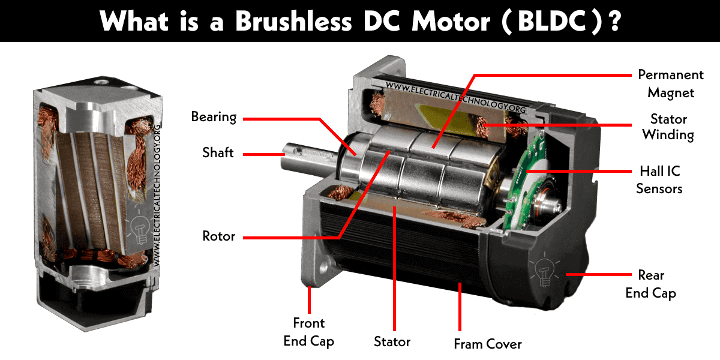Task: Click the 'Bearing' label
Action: pyautogui.click(x=214, y=118)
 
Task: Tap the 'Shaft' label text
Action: pyautogui.click(x=218, y=152)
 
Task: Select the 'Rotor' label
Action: pyautogui.click(x=218, y=236)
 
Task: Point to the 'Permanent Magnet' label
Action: pyautogui.click(x=671, y=83)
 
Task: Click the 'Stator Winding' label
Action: pyautogui.click(x=668, y=127)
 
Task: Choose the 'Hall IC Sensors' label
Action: pyautogui.click(x=659, y=179)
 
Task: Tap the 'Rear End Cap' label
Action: pyautogui.click(x=651, y=284)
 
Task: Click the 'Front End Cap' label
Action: pyautogui.click(x=308, y=332)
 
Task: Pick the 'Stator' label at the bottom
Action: pyautogui.click(x=392, y=341)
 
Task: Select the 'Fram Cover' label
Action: pyautogui.click(x=488, y=344)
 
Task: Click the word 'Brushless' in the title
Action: pyautogui.click(x=293, y=21)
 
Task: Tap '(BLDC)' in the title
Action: pyautogui.click(x=551, y=22)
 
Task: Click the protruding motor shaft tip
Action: pyautogui.click(x=286, y=157)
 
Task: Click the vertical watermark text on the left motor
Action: pyautogui.click(x=157, y=196)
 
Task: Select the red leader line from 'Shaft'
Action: pyautogui.click(x=264, y=155)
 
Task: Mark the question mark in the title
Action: pyautogui.click(x=615, y=21)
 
